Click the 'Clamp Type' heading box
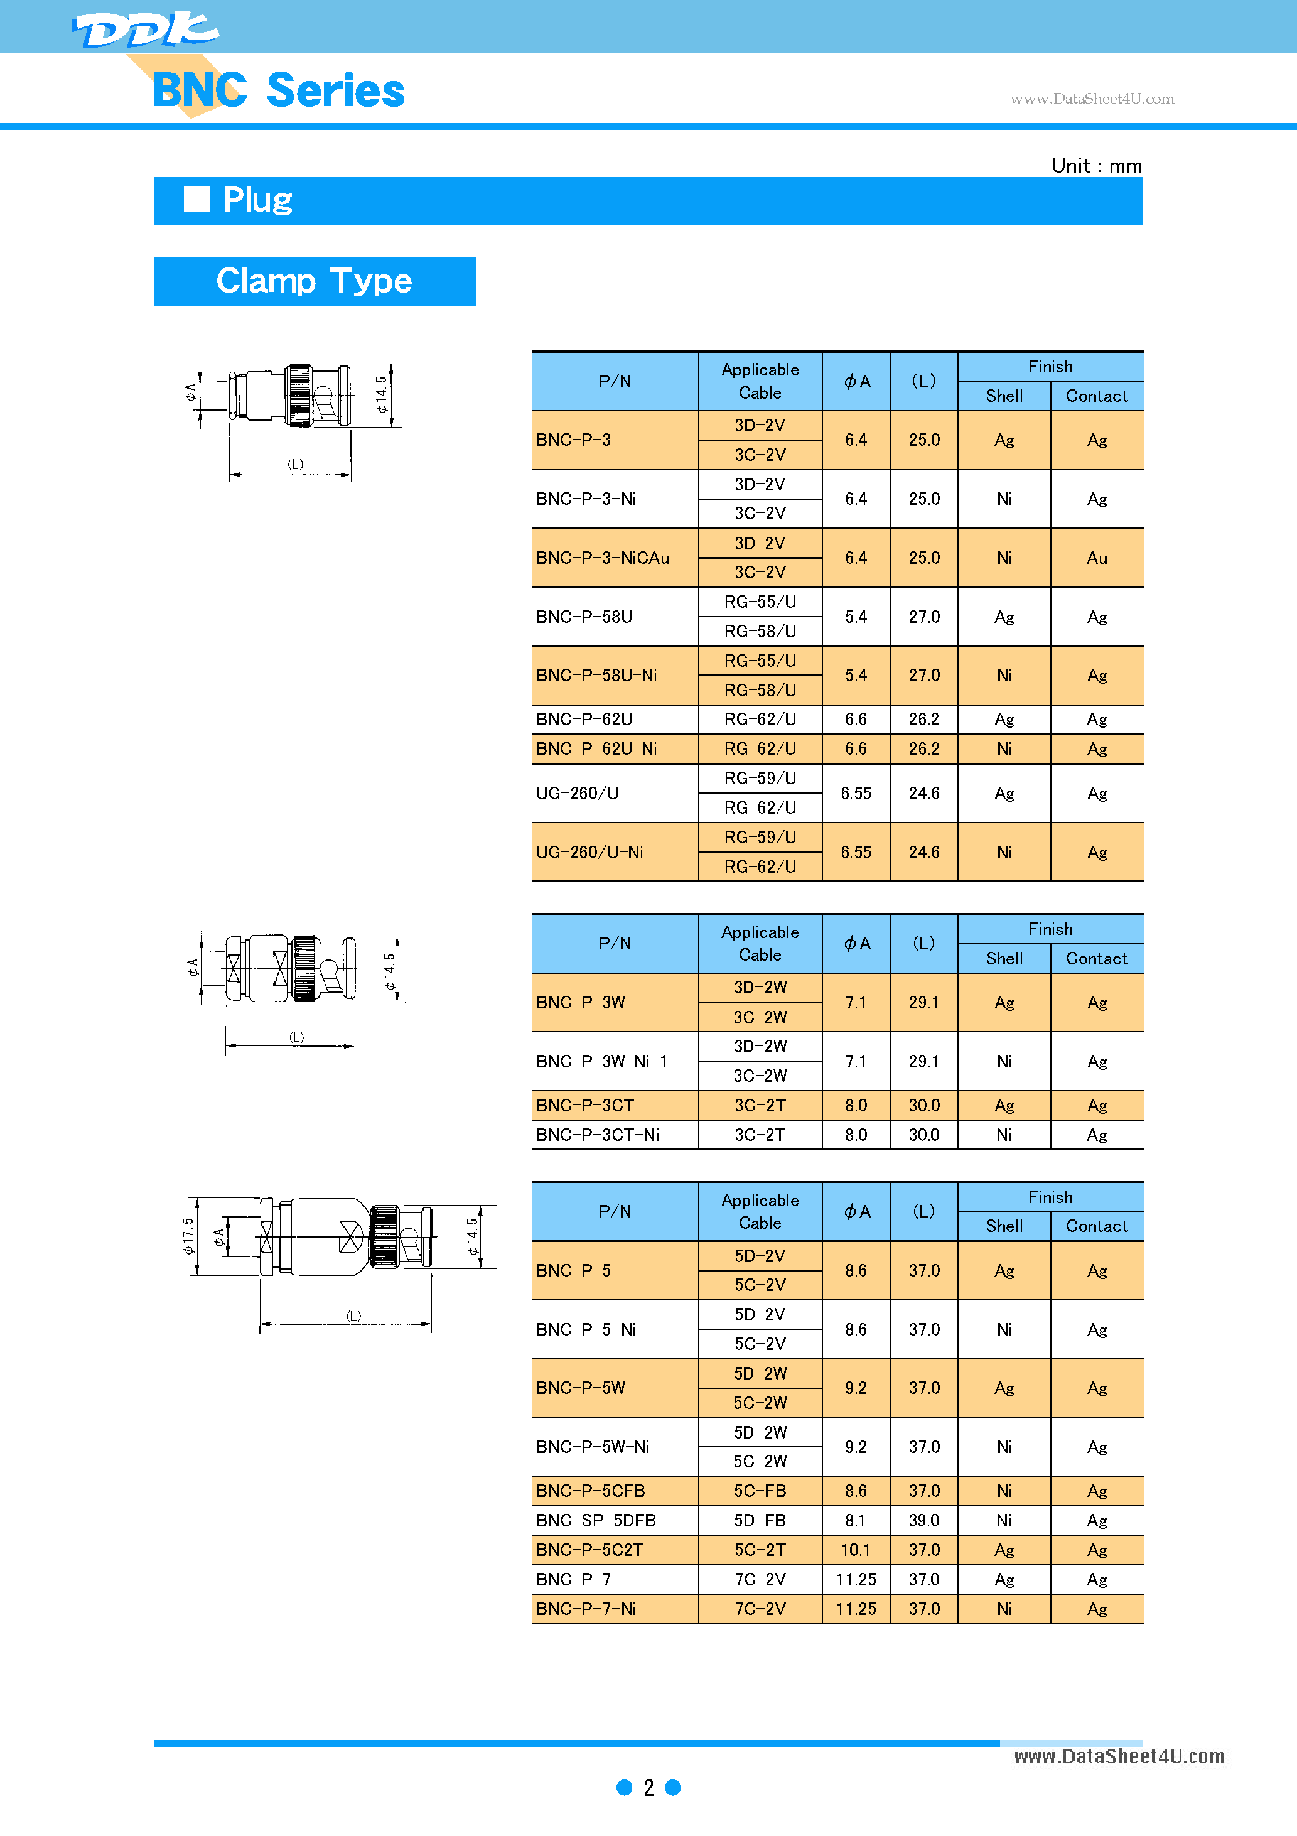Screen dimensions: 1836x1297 (x=315, y=281)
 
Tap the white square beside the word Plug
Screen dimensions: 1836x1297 (x=196, y=199)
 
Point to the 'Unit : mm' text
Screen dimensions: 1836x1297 (x=1096, y=166)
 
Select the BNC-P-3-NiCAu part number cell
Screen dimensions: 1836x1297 (x=603, y=558)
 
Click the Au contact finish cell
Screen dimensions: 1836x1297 (x=1096, y=558)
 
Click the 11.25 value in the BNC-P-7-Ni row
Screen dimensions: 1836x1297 (x=856, y=1609)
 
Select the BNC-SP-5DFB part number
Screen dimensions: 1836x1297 (x=596, y=1520)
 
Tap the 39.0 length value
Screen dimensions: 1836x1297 (x=923, y=1520)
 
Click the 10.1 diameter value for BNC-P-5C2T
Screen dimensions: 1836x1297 (x=856, y=1550)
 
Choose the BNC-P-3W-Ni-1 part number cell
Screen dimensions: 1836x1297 (x=601, y=1061)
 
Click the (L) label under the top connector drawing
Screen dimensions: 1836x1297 (x=295, y=464)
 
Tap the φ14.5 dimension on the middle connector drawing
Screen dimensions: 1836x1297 (x=389, y=971)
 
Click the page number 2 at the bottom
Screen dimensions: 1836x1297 (x=648, y=1787)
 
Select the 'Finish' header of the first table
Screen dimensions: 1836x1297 (x=1050, y=366)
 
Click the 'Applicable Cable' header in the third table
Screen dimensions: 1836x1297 (x=760, y=1211)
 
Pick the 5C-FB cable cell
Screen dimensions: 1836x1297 (x=760, y=1491)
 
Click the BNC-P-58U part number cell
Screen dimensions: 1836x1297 (x=584, y=617)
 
